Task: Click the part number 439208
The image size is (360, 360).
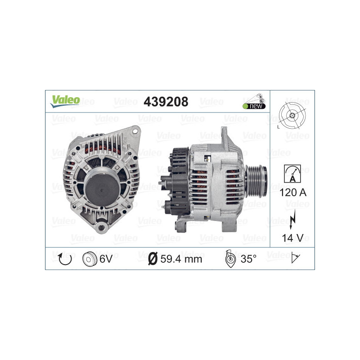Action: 166,102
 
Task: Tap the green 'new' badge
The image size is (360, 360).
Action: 254,106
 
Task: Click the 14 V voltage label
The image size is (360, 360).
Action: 292,238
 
